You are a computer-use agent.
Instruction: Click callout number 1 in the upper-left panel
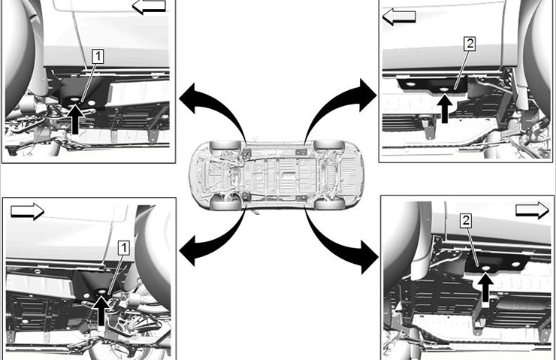[x=98, y=57]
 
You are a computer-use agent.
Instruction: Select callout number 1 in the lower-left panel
[x=123, y=248]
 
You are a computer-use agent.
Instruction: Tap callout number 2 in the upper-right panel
[x=470, y=44]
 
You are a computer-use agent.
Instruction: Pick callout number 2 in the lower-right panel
[x=466, y=221]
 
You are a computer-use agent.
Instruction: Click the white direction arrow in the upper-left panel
[x=149, y=6]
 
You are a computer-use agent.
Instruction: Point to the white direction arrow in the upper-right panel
[x=399, y=17]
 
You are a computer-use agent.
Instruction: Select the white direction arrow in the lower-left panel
[x=27, y=211]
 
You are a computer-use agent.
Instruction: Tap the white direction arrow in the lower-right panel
[x=532, y=210]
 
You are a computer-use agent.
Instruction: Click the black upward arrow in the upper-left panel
[x=75, y=119]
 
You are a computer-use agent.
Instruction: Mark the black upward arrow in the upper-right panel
[x=445, y=108]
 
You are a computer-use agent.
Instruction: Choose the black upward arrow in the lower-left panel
[x=101, y=311]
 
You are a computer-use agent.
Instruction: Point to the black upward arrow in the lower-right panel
[x=485, y=288]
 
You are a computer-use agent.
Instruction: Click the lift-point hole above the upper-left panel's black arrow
[x=75, y=98]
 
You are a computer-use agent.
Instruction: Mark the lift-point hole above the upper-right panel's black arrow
[x=445, y=89]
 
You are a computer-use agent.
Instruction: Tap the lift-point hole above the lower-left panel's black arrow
[x=101, y=292]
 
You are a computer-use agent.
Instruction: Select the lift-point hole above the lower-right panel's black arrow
[x=485, y=268]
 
